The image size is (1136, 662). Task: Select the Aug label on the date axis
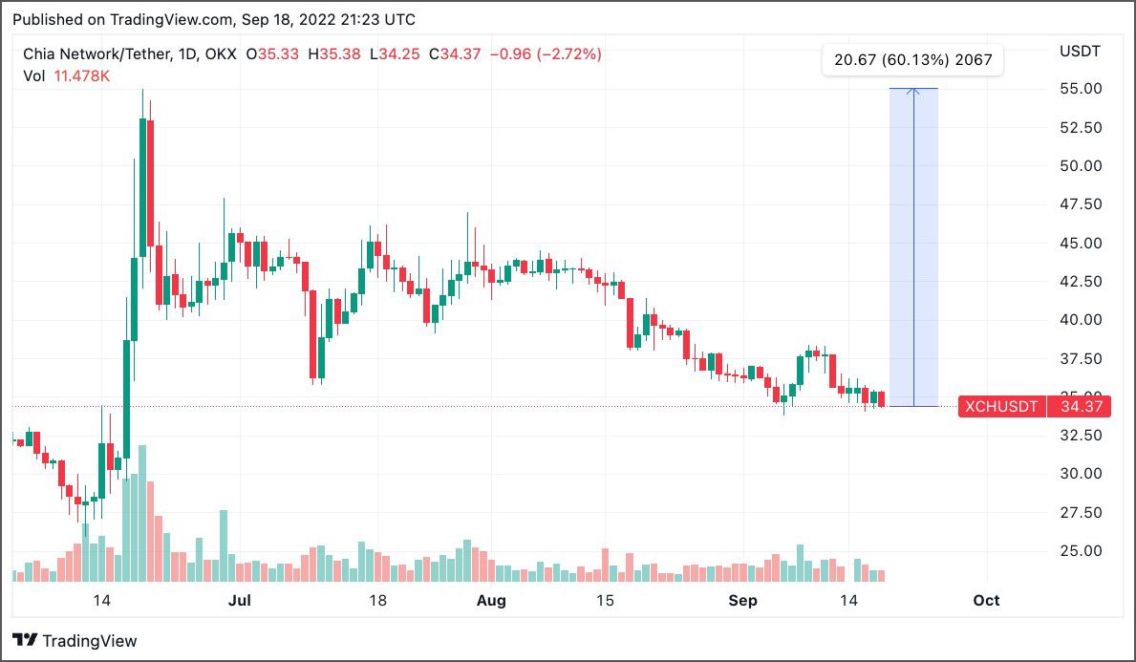click(x=490, y=600)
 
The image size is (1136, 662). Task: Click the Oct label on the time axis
click(x=985, y=600)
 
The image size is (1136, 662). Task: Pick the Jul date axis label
click(x=240, y=600)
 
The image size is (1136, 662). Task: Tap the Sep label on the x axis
click(x=742, y=600)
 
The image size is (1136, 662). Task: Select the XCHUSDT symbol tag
click(x=1000, y=407)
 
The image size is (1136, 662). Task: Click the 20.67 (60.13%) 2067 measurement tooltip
click(x=912, y=60)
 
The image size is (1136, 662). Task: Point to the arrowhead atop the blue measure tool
click(x=913, y=91)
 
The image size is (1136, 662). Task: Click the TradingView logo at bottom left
click(x=75, y=641)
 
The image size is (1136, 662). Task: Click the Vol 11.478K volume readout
click(x=67, y=75)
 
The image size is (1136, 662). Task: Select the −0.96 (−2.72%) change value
click(x=545, y=54)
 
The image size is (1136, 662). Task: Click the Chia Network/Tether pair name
click(x=94, y=54)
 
